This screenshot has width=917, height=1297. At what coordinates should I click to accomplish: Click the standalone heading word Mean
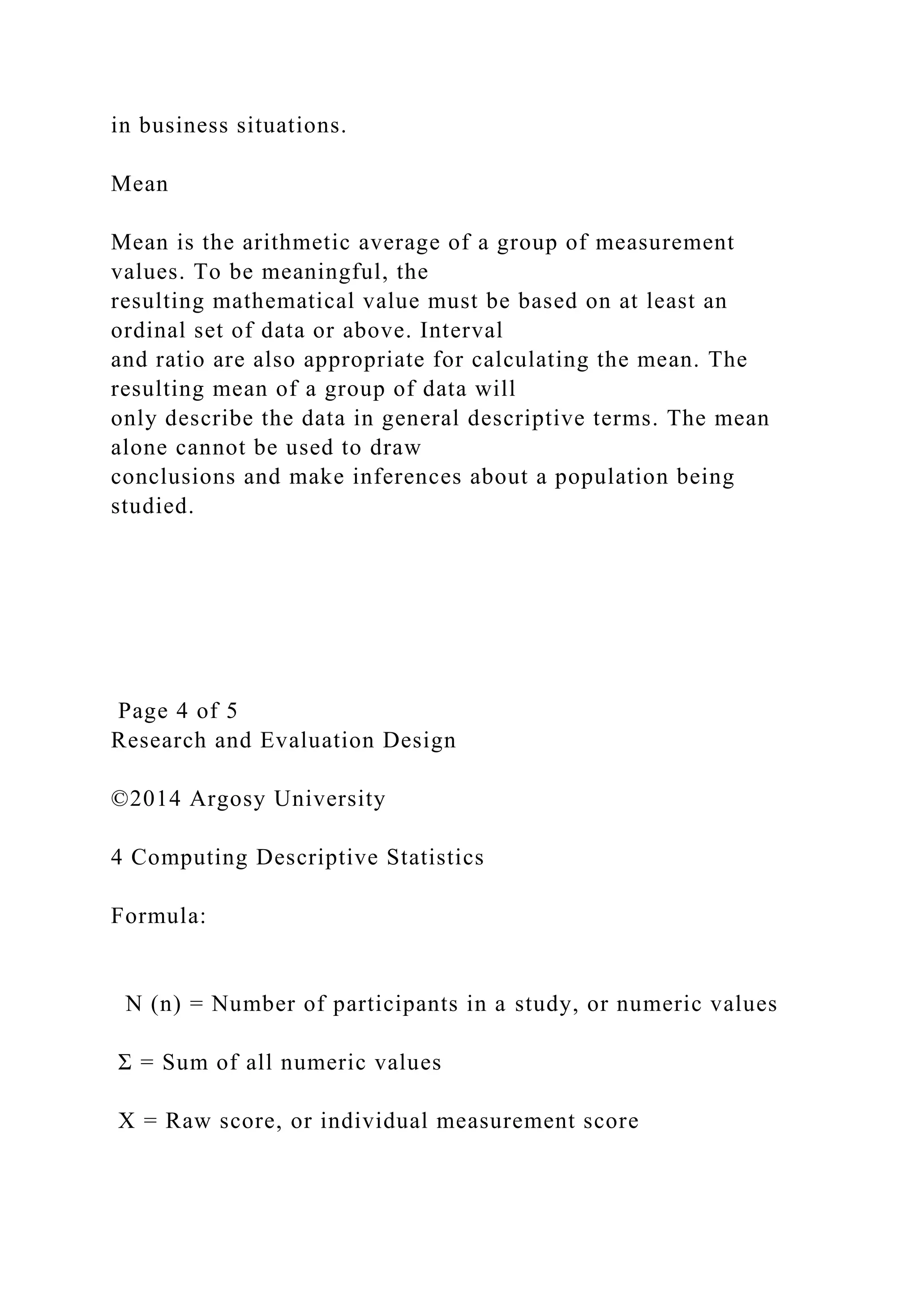(x=139, y=184)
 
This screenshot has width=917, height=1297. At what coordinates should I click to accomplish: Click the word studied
(x=152, y=506)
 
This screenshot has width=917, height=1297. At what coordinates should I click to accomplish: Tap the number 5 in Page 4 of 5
(x=231, y=711)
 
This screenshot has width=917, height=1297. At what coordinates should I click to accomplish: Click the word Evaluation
(x=317, y=740)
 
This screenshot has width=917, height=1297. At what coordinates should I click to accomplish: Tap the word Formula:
(x=159, y=916)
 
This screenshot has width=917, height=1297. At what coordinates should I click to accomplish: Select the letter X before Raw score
(x=126, y=1121)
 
